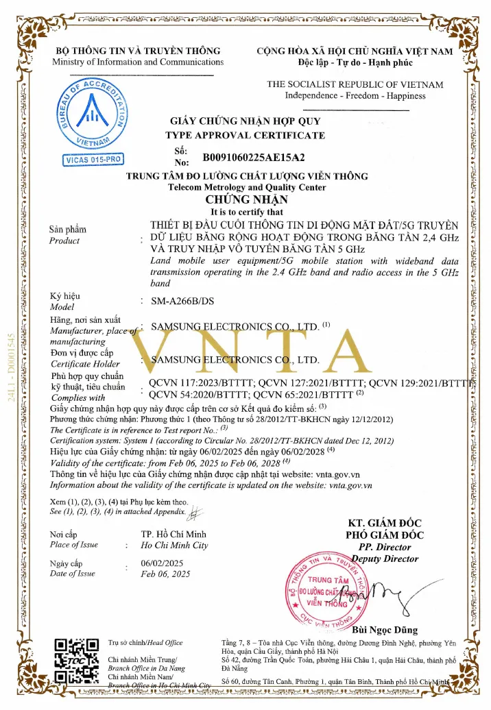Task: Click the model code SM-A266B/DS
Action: coord(177,301)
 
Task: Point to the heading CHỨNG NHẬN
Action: coord(246,200)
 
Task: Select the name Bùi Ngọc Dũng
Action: coord(384,630)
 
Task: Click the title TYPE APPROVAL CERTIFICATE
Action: coord(245,135)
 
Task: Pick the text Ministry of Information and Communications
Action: coord(138,62)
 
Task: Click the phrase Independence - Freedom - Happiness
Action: coord(355,95)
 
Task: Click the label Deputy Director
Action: coord(389,559)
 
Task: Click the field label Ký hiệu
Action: coord(66,296)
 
